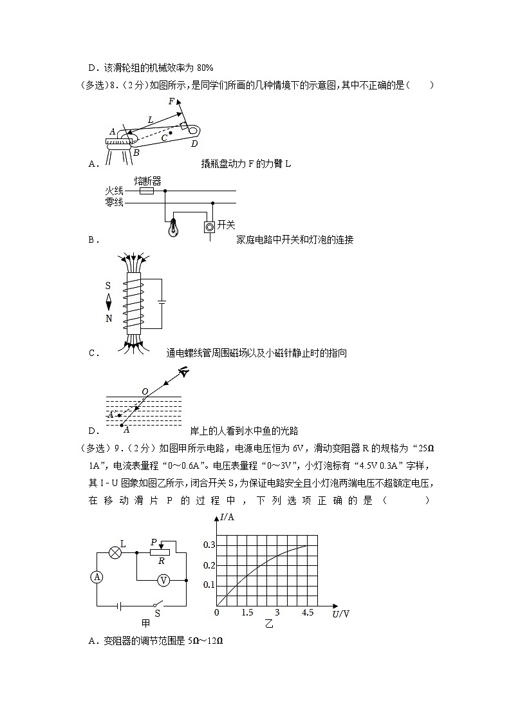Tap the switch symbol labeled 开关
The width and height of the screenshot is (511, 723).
pyautogui.click(x=209, y=227)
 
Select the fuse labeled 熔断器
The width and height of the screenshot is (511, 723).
pyautogui.click(x=147, y=191)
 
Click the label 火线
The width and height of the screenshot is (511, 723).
pyautogui.click(x=113, y=191)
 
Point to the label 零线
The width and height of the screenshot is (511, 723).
pyautogui.click(x=113, y=203)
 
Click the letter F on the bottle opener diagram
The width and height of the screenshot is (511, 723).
pyautogui.click(x=171, y=102)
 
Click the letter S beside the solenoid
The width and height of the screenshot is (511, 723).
pyautogui.click(x=109, y=284)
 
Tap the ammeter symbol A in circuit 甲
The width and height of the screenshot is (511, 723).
pyautogui.click(x=97, y=577)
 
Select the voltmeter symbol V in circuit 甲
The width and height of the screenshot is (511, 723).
pyautogui.click(x=163, y=580)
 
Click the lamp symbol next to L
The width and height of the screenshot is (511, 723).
pyautogui.click(x=115, y=552)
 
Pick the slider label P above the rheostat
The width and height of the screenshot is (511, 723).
pyautogui.click(x=154, y=542)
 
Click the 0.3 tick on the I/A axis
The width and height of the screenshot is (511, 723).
pyautogui.click(x=209, y=545)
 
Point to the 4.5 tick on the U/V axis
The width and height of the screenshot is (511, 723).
pyautogui.click(x=307, y=612)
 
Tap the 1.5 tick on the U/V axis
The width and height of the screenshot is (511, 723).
pyautogui.click(x=247, y=612)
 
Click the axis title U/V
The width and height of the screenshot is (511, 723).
pyautogui.click(x=341, y=614)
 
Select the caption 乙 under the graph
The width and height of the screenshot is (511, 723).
pyautogui.click(x=268, y=624)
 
